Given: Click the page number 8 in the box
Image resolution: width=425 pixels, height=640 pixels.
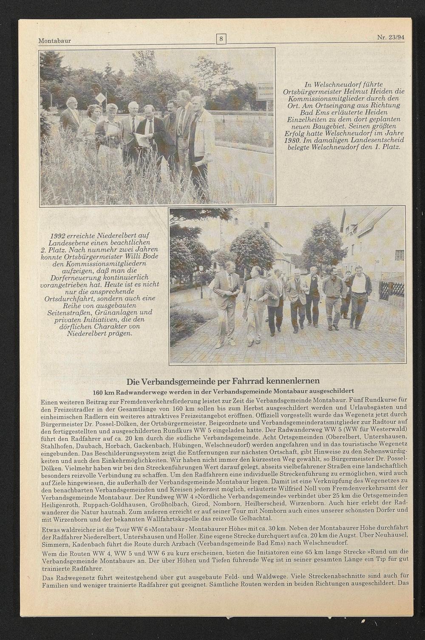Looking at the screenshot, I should coord(221,40).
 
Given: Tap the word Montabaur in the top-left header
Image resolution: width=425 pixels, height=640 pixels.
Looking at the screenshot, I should coord(54,41).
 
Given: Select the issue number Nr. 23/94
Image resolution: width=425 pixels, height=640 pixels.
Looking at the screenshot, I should coord(390,37).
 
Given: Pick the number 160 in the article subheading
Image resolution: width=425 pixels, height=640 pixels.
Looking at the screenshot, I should coord(99,391).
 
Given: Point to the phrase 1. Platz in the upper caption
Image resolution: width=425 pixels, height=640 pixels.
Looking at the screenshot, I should coord(388,147).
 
